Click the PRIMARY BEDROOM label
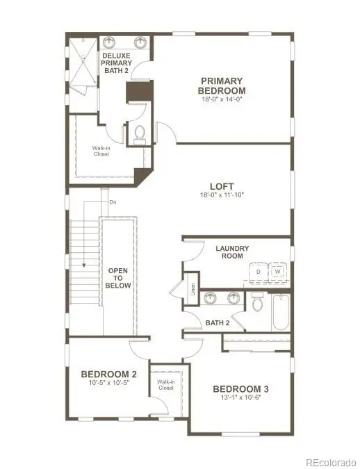[222, 85]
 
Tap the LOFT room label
[222, 186]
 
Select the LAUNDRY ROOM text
[232, 252]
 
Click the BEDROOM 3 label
[240, 388]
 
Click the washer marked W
[278, 272]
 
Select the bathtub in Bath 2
[279, 312]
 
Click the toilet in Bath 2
[258, 302]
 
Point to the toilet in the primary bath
[139, 132]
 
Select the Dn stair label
[113, 202]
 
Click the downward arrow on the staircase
[83, 264]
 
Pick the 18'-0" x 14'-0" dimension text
[222, 100]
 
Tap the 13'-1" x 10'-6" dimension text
[240, 399]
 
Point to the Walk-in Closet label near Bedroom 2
[165, 384]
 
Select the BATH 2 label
[217, 322]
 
